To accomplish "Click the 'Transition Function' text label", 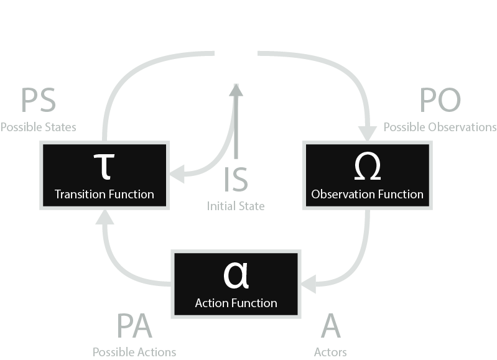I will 104,194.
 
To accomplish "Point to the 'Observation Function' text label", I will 367,194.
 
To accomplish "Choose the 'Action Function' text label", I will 236,303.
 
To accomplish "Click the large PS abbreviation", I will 38,101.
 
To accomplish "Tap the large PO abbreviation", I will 440,101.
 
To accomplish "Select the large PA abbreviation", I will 134,326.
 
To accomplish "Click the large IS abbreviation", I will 236,178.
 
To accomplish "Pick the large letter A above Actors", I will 330,326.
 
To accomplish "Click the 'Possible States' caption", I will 38,127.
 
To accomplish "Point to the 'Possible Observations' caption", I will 440,127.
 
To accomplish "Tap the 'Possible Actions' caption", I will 134,352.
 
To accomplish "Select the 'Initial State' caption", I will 236,206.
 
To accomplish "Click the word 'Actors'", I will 330,352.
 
